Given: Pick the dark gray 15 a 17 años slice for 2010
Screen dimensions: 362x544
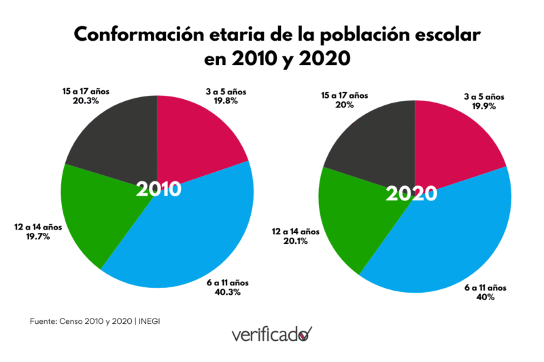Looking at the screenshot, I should (x=116, y=136).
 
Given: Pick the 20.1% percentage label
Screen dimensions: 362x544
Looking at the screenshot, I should (x=294, y=241).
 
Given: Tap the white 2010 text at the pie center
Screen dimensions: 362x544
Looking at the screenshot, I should (x=158, y=189).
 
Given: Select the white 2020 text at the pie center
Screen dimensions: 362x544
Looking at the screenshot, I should (x=411, y=194).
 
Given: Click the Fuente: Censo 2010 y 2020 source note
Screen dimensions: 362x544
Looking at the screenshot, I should (x=98, y=321).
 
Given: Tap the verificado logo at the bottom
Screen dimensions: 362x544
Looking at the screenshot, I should (x=272, y=334).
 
